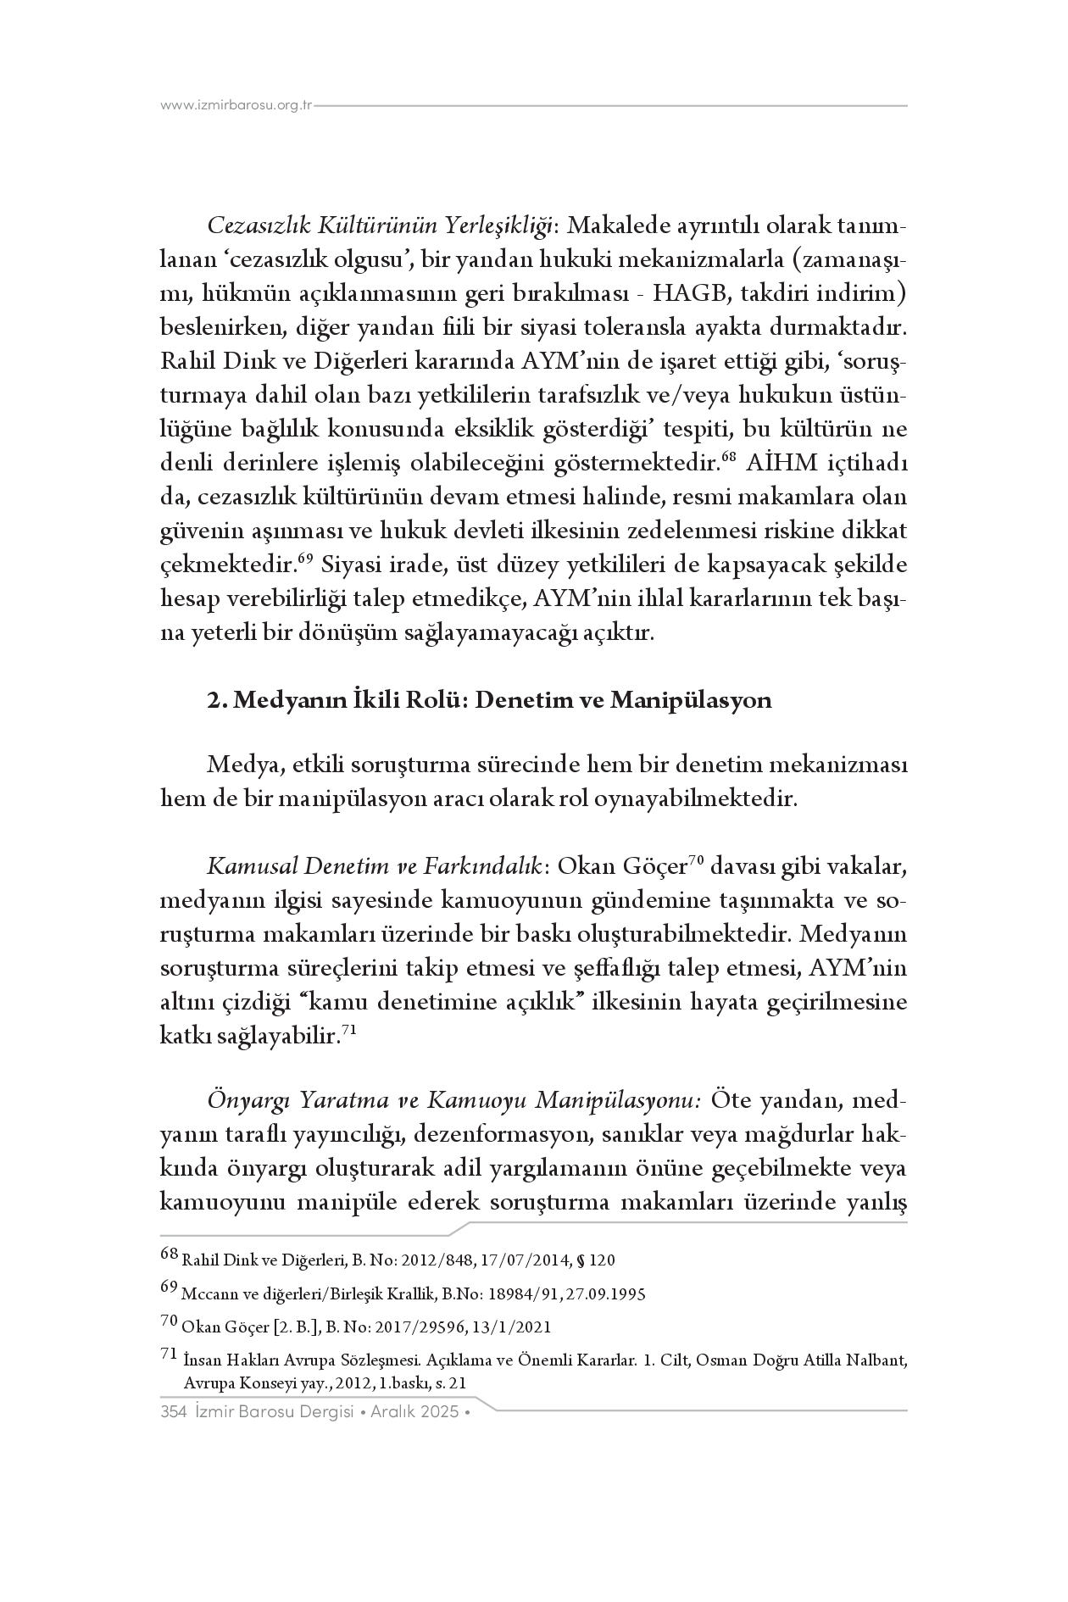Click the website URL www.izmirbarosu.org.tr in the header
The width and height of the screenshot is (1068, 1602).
(236, 107)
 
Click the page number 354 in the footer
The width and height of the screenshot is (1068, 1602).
(173, 1411)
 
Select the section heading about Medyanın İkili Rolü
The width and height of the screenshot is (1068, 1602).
(489, 701)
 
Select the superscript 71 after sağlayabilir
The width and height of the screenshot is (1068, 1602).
(347, 1032)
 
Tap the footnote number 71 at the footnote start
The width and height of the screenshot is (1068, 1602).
(169, 1356)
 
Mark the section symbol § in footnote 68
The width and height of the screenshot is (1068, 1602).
(581, 1260)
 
